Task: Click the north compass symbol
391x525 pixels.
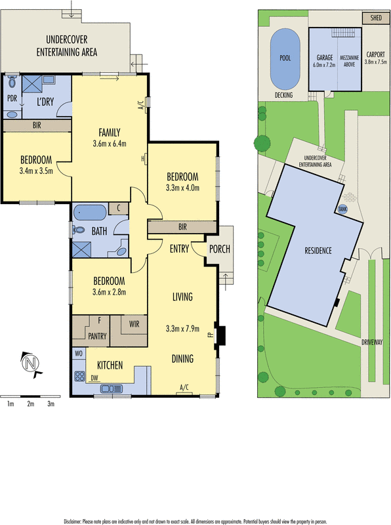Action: point(29,362)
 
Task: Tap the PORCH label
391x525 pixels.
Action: point(219,249)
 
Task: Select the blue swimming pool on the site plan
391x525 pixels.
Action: point(285,60)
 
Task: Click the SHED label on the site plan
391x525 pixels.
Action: point(377,18)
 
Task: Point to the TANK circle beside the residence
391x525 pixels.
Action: point(342,209)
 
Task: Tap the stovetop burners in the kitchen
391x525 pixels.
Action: point(79,377)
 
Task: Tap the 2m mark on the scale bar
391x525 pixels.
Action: point(30,404)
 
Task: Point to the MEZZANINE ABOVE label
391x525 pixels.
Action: point(349,61)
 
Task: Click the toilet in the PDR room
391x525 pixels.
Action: point(12,83)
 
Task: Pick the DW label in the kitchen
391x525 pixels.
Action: point(94,377)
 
